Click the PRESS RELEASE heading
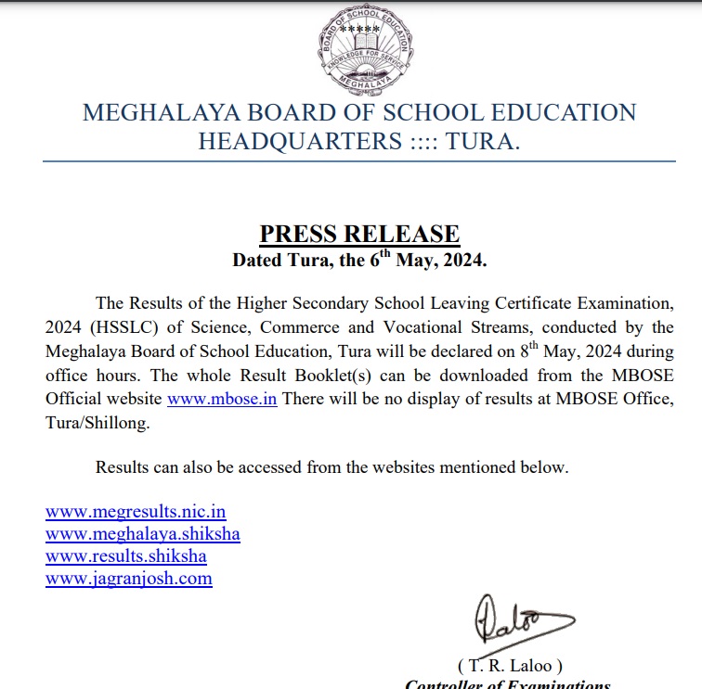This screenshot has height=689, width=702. tap(359, 234)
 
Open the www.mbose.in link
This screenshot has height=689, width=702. tap(222, 400)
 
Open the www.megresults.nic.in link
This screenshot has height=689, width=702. tap(136, 511)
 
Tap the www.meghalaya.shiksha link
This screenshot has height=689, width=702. tap(143, 533)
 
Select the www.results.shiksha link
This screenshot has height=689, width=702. tap(126, 556)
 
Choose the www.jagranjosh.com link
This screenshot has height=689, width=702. tap(129, 579)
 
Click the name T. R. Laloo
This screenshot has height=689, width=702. tap(510, 666)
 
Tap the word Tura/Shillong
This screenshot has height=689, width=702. tap(97, 423)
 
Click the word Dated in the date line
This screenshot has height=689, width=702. tap(259, 262)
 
